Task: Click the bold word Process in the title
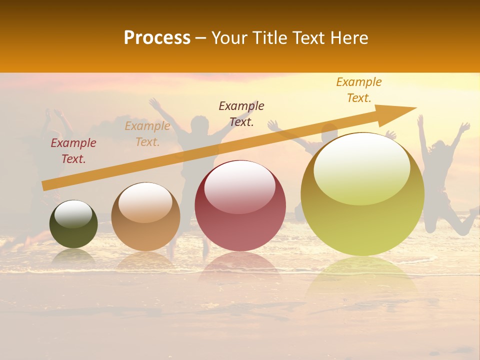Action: [x=157, y=38]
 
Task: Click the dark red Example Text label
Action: [x=73, y=151]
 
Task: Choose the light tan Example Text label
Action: [x=147, y=134]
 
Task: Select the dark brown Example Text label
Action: [x=241, y=113]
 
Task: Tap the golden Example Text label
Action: [x=359, y=90]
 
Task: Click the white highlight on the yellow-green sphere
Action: [x=362, y=167]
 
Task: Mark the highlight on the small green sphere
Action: [x=73, y=214]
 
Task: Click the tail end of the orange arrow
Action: [x=45, y=185]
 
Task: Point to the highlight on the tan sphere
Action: [x=145, y=202]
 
